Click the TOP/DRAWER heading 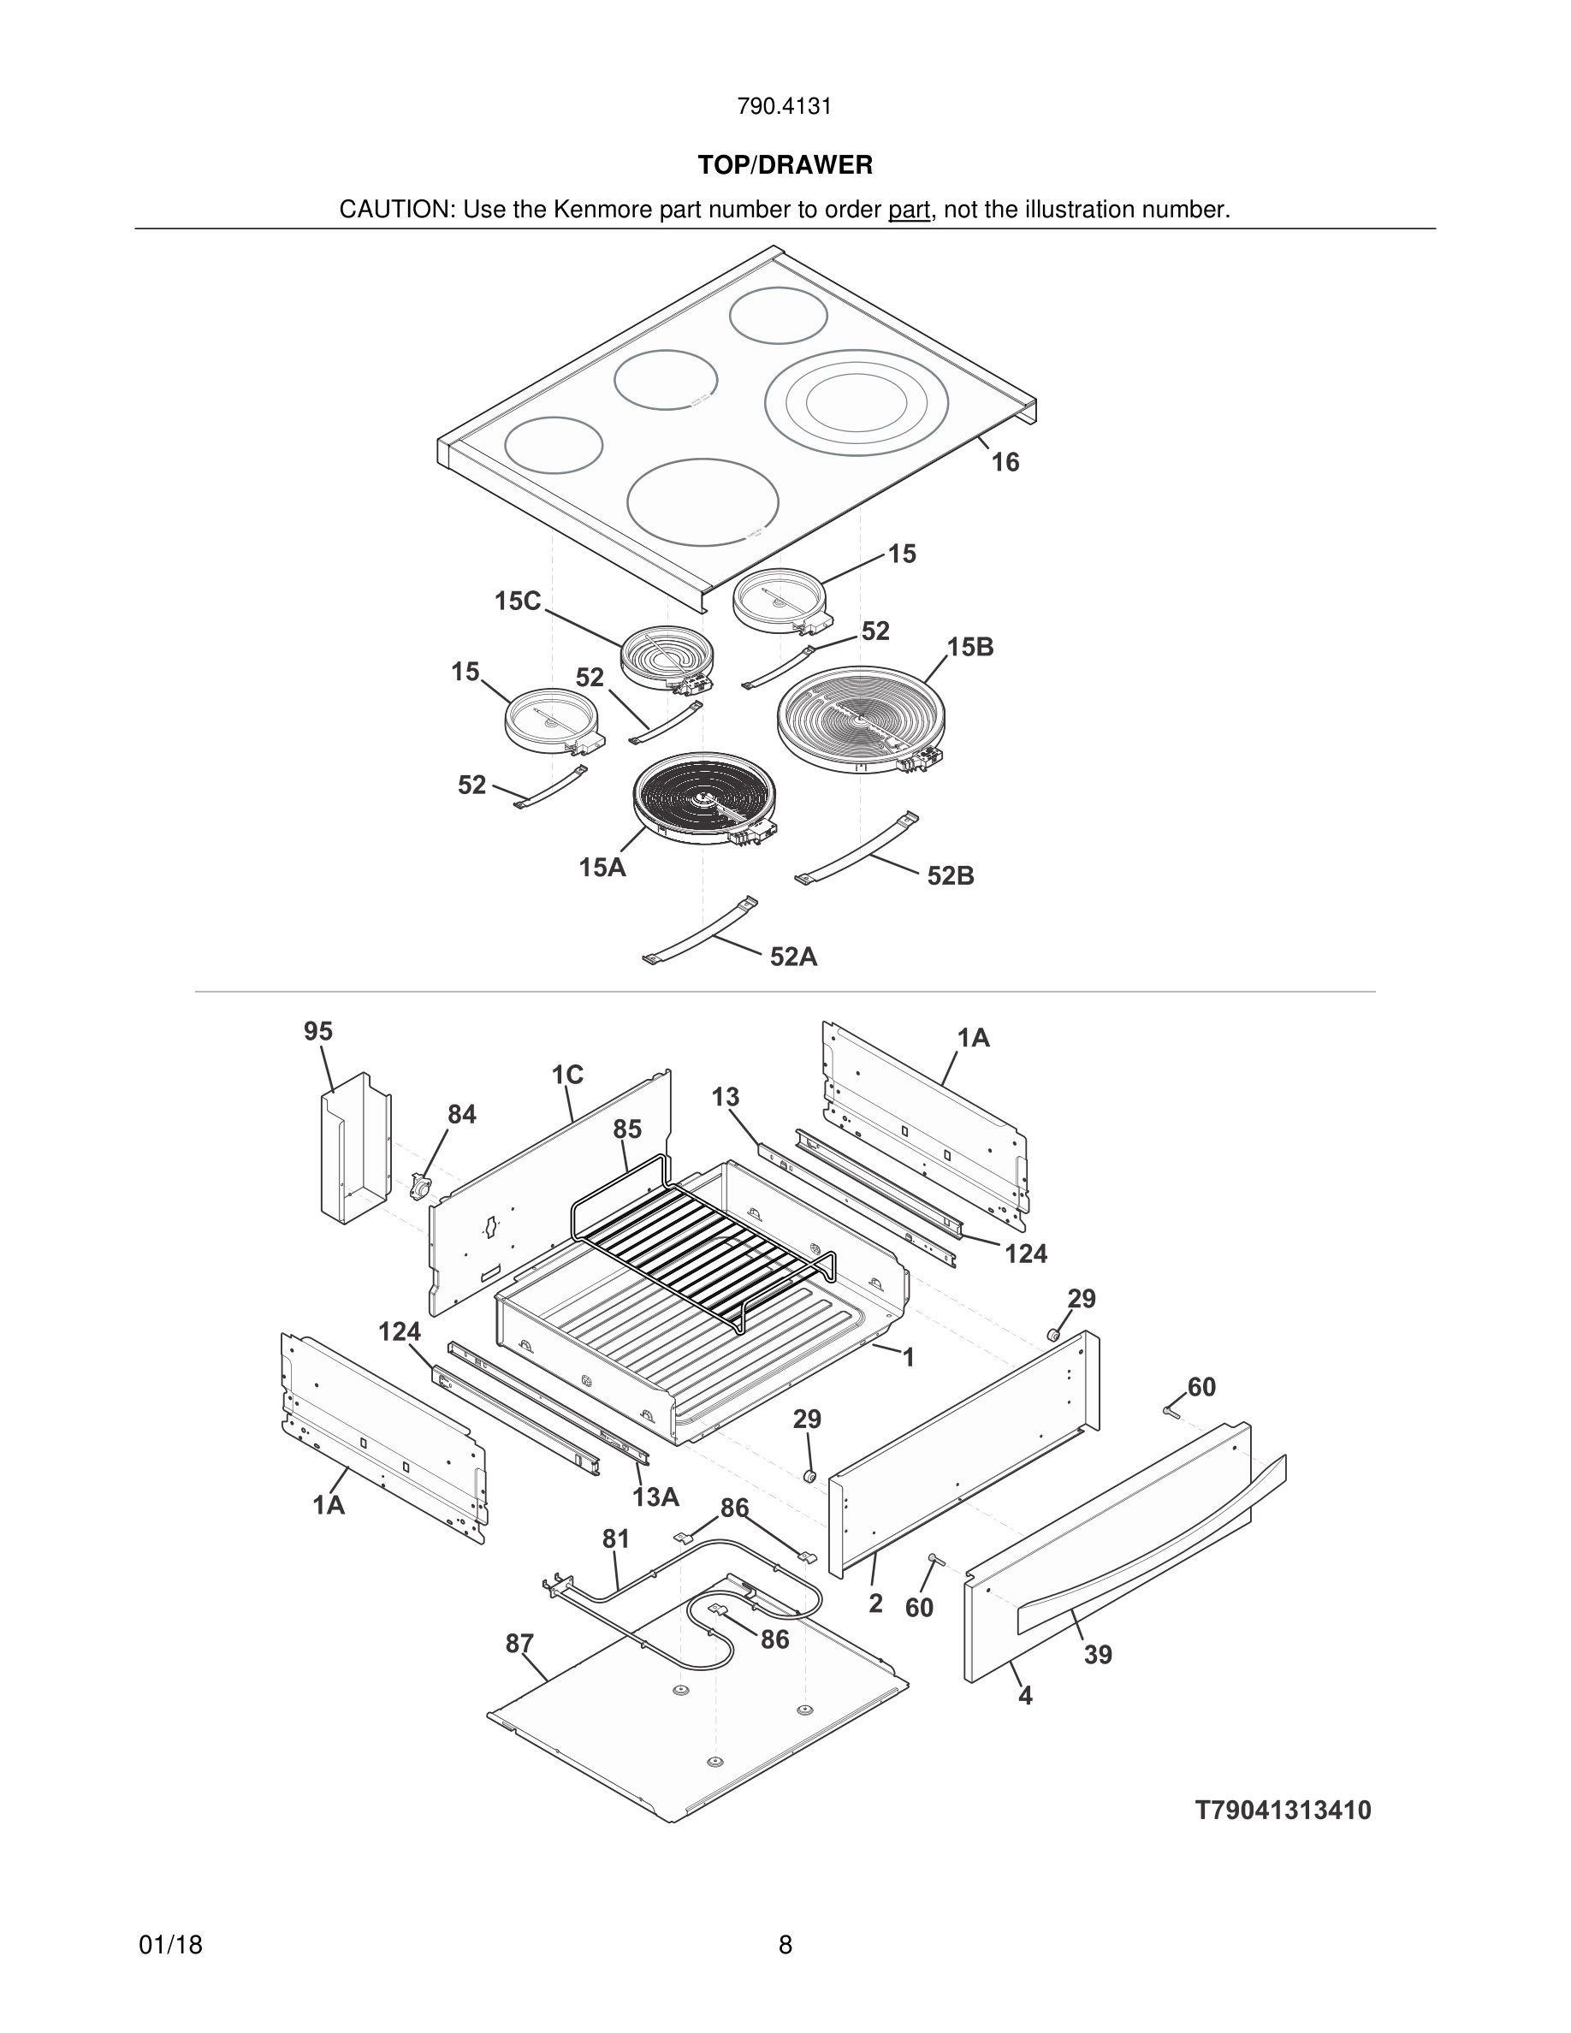[x=785, y=165]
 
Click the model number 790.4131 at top [x=784, y=106]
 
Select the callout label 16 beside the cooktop [x=1005, y=462]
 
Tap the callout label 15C [x=518, y=602]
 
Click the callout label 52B [x=951, y=876]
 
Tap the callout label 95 [x=318, y=1031]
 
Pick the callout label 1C [x=566, y=1076]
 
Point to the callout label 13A [x=655, y=1497]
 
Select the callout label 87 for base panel [x=519, y=1644]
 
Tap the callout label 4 [x=1025, y=1696]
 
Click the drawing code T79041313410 [x=1283, y=1811]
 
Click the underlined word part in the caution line [x=909, y=210]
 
